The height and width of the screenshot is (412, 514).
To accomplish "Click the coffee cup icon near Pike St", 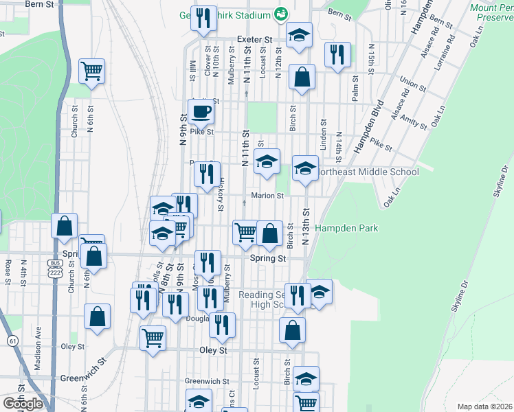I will (201, 111).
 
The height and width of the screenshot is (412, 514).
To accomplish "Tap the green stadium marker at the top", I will (281, 13).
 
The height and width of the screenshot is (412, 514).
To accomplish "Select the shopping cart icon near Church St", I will (91, 71).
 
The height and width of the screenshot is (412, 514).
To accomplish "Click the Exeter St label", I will (254, 40).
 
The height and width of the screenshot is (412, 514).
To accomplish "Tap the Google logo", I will (23, 404).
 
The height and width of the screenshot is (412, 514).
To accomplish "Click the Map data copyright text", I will (484, 407).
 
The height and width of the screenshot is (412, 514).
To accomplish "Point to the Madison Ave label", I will (38, 356).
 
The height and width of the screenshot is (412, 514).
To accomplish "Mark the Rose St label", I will (8, 272).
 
